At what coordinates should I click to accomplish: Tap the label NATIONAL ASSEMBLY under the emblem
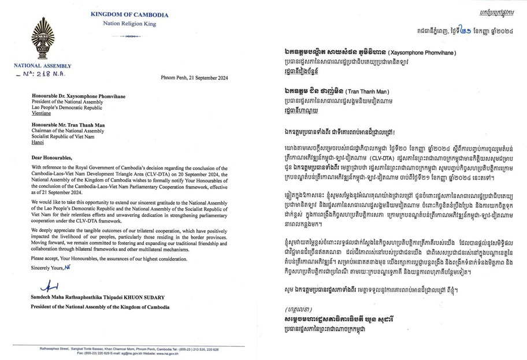(39, 66)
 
